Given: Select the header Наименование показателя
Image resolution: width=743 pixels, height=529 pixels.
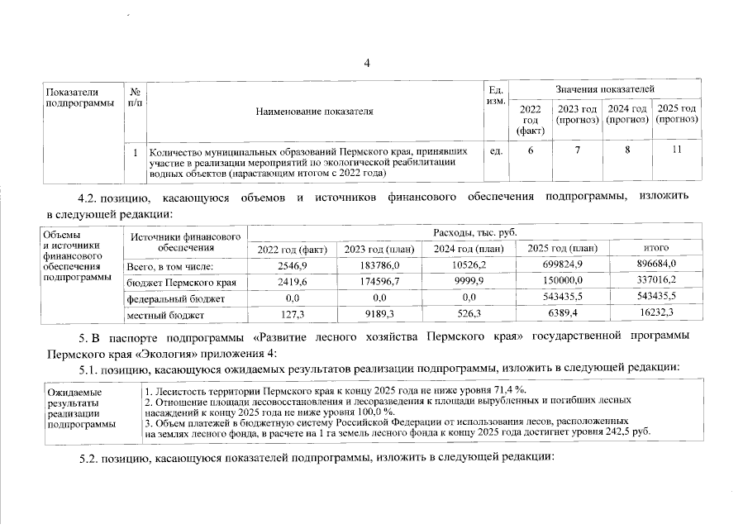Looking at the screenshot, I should click(314, 111).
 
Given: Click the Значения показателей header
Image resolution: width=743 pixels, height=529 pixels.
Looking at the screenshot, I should click(605, 88).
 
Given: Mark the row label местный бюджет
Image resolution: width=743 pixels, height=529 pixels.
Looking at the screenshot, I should click(159, 314).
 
